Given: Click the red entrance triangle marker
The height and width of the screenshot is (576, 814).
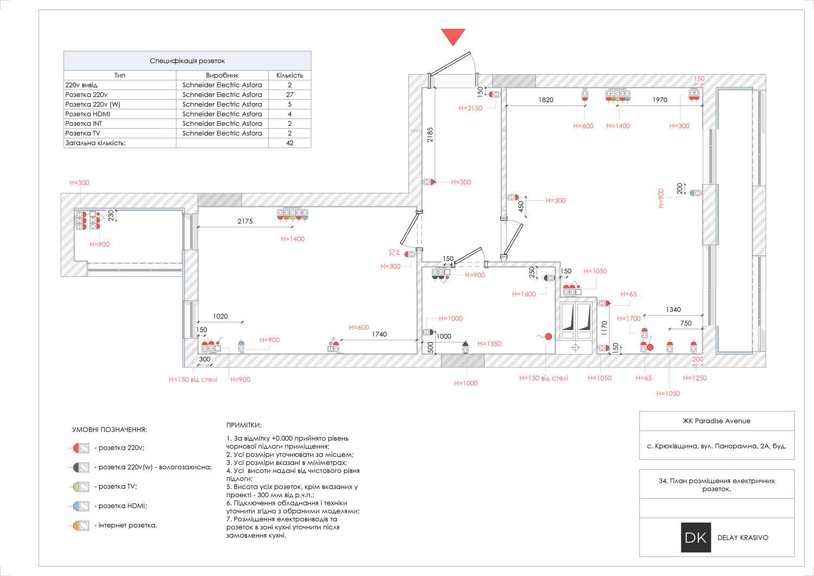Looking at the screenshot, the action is (x=453, y=36).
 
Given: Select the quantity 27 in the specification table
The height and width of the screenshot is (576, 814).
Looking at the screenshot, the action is (x=290, y=94).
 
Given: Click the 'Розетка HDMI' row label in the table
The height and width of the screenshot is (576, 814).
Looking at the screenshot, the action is (x=87, y=114).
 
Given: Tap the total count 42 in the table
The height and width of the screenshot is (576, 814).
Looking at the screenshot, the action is (x=290, y=143).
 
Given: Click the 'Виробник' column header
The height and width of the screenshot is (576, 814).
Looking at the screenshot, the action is (x=222, y=75).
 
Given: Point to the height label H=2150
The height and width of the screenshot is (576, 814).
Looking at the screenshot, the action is (x=470, y=108).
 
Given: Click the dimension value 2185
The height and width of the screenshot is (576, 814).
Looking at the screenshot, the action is (x=430, y=135).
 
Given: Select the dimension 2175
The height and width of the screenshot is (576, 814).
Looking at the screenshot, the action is (x=245, y=221).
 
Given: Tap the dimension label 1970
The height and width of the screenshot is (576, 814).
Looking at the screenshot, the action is (x=660, y=100).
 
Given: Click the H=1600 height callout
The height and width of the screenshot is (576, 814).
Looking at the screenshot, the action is (x=524, y=294).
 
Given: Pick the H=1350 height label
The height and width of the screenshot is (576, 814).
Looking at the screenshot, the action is (x=489, y=344).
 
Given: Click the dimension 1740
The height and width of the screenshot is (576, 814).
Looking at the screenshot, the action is (x=379, y=334).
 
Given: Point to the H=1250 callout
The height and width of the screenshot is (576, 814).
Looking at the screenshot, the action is (x=695, y=378).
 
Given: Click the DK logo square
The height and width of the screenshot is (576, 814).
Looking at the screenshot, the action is (x=696, y=537).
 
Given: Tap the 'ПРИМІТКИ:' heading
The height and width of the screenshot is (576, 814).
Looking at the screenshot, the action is (x=244, y=425).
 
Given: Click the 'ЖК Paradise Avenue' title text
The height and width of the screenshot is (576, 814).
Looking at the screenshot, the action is (x=716, y=421).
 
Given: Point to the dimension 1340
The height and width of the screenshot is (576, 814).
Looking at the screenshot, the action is (x=673, y=309).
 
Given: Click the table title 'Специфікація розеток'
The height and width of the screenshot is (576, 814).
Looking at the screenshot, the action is (x=187, y=61).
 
